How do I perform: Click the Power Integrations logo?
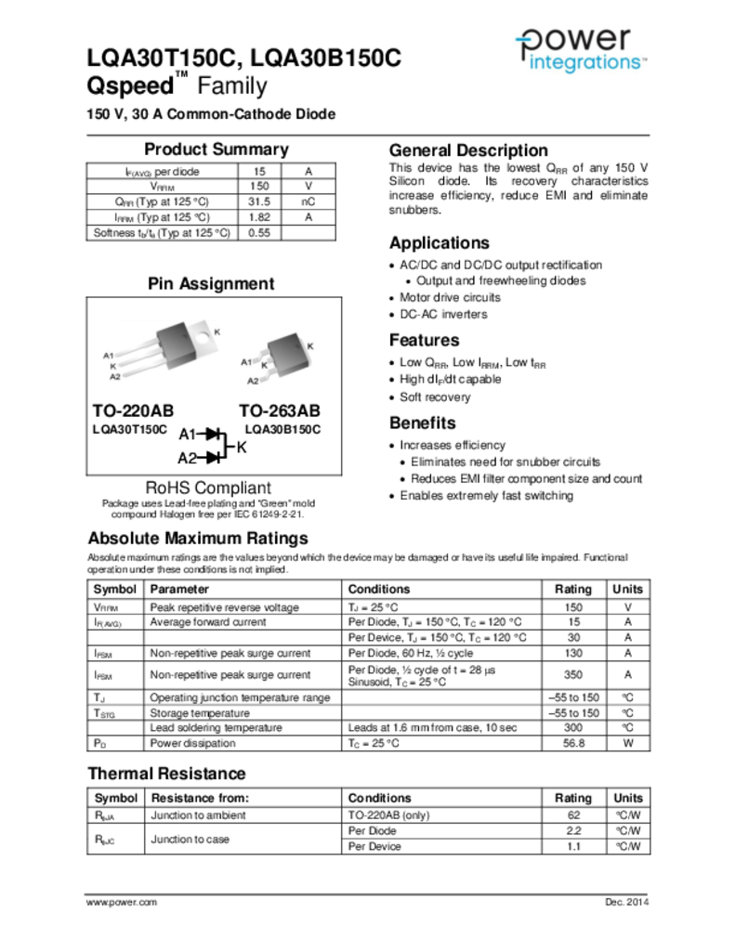(x=581, y=50)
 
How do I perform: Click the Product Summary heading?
(x=216, y=150)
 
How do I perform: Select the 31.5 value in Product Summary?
(x=259, y=202)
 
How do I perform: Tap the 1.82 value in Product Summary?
(x=259, y=217)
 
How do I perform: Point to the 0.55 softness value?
(x=259, y=233)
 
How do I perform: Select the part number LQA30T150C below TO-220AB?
(x=129, y=430)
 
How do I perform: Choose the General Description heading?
(x=468, y=150)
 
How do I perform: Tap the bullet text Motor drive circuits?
(x=450, y=298)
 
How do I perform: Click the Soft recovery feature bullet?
(x=435, y=397)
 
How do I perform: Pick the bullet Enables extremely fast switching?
(x=486, y=496)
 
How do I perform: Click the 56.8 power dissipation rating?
(x=573, y=744)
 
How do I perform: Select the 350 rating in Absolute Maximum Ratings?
(x=573, y=675)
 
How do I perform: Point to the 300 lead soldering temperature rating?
(x=573, y=728)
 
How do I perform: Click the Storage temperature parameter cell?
(x=200, y=713)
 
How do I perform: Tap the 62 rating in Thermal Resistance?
(x=573, y=815)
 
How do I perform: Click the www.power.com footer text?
(x=122, y=903)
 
